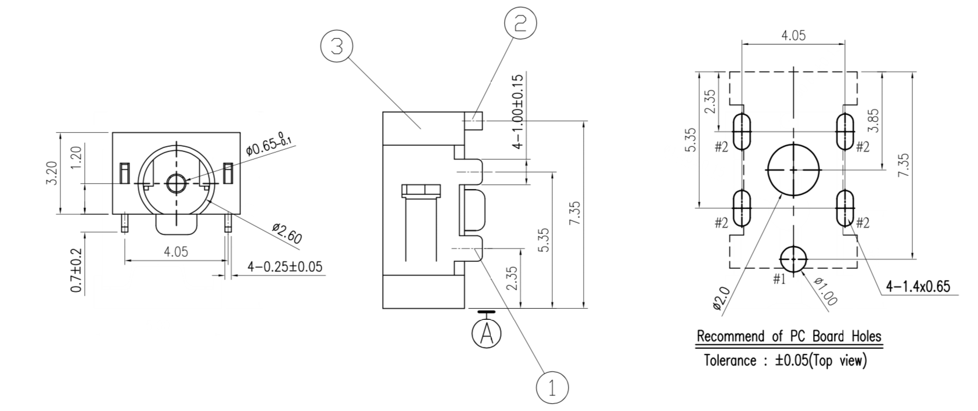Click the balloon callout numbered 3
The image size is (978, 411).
(x=337, y=46)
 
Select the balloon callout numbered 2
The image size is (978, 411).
(x=520, y=23)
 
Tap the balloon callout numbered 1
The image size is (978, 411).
(x=552, y=387)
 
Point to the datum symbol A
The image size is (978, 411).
(x=487, y=333)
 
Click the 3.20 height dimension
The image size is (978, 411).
(x=52, y=172)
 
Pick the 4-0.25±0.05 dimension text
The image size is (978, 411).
(x=285, y=267)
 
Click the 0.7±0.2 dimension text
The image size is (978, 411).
(x=76, y=271)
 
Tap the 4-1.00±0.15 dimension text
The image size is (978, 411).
(x=518, y=111)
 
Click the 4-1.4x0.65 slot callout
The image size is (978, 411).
(x=918, y=286)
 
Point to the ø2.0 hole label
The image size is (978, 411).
(x=720, y=298)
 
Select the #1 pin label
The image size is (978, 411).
(x=779, y=279)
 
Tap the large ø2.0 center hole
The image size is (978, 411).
(x=794, y=170)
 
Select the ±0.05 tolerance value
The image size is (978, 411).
(x=792, y=360)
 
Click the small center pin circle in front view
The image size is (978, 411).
(x=175, y=183)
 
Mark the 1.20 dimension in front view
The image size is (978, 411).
(x=76, y=158)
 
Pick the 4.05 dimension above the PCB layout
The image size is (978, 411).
(x=793, y=35)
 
